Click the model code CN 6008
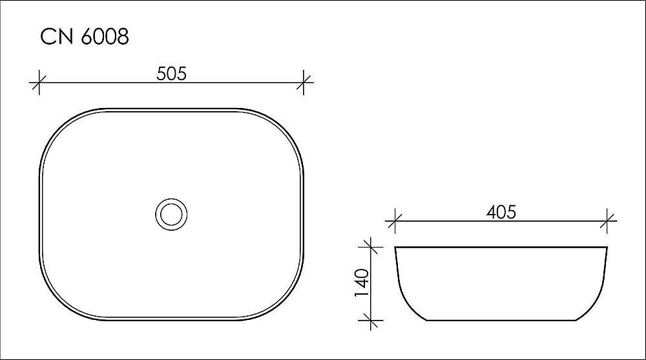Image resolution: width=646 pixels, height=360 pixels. point(85,37)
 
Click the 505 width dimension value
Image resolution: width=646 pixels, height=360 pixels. point(171,74)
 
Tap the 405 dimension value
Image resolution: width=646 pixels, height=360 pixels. point(501,212)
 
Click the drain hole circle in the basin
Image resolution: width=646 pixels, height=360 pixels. point(171,213)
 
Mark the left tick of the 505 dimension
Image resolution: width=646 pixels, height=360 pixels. point(39,81)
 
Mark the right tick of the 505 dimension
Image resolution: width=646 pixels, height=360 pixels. point(304,81)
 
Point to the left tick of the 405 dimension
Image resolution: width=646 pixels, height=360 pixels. point(395,221)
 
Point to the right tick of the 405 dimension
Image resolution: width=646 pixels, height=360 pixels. point(608,221)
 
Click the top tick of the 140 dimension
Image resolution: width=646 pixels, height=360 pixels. point(370,246)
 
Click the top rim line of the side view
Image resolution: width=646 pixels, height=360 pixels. point(501,247)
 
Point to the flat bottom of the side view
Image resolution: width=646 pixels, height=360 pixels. point(501,319)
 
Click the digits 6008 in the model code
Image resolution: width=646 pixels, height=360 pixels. point(105,37)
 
